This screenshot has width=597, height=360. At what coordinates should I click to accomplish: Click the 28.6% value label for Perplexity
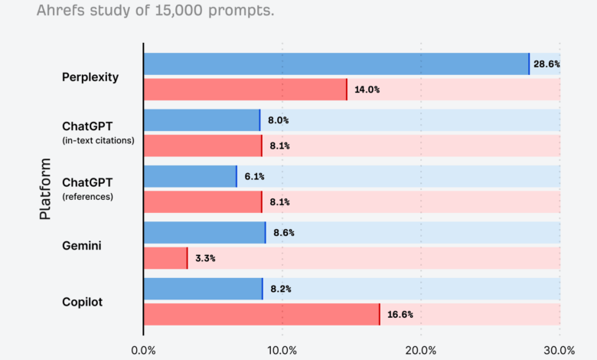tap(547, 64)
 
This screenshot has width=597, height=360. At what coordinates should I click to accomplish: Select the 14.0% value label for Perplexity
tap(367, 90)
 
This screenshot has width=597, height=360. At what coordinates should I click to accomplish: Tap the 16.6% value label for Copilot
tap(400, 315)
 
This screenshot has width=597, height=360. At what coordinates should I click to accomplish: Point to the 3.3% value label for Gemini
tap(205, 258)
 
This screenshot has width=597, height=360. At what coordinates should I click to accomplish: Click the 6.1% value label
tap(255, 177)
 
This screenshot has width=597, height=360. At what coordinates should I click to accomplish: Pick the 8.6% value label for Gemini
tap(284, 233)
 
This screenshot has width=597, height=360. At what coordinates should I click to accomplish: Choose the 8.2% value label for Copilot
tap(280, 290)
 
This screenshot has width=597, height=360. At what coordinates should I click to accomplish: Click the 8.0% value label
tap(278, 120)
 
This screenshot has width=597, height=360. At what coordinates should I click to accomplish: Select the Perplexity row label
tap(90, 77)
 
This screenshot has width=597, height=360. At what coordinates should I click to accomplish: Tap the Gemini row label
tap(82, 245)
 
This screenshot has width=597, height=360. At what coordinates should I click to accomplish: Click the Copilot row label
tap(82, 302)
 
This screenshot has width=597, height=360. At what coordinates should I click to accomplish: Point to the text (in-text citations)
tap(97, 139)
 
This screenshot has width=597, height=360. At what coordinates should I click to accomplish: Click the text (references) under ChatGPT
tap(87, 196)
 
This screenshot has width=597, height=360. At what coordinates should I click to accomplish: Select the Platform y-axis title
tap(45, 189)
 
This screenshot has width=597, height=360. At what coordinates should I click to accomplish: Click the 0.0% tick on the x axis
tap(143, 350)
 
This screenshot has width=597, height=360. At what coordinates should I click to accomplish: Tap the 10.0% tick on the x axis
tap(282, 350)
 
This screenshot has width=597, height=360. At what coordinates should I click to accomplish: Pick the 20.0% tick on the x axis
tap(420, 350)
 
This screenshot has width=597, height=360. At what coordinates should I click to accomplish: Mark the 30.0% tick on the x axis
tap(559, 350)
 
